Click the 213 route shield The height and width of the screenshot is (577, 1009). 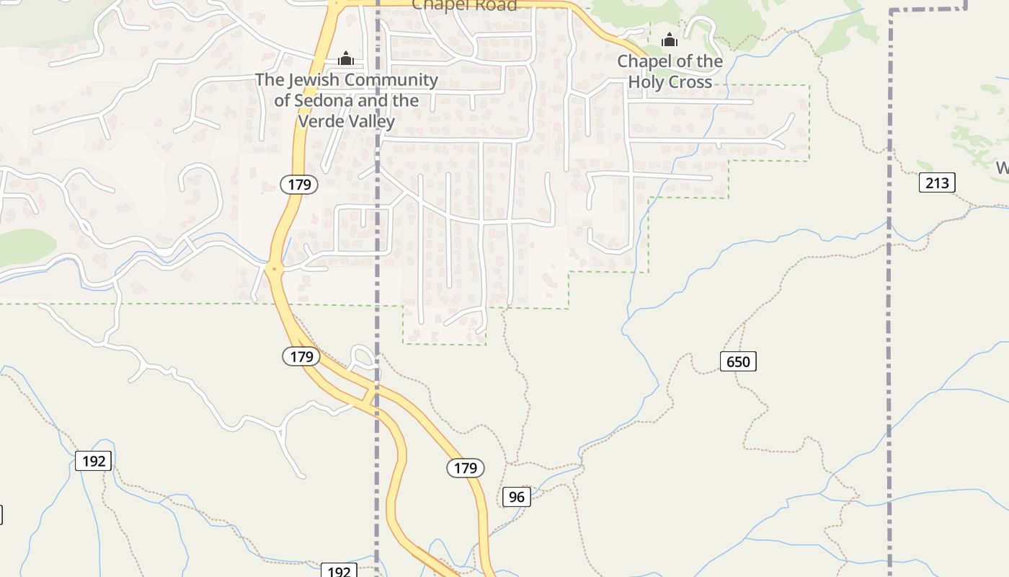point(937,182)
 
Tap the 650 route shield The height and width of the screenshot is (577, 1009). point(738,361)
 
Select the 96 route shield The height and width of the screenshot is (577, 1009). point(516,496)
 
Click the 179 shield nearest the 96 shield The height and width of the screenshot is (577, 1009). point(466,468)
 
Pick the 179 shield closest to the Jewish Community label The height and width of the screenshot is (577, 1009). point(299,185)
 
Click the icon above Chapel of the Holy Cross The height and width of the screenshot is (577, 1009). point(670,40)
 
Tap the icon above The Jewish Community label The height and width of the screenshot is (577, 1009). point(346,58)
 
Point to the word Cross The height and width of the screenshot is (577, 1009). point(690,82)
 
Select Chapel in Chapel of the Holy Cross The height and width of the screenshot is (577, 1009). point(644,61)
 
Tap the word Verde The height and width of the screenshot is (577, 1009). point(320,120)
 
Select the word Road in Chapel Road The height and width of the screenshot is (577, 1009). point(496,6)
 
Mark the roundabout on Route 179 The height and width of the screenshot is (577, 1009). point(273,269)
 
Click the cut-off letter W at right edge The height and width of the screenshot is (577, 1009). point(1003,168)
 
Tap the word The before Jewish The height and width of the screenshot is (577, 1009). point(270,79)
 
